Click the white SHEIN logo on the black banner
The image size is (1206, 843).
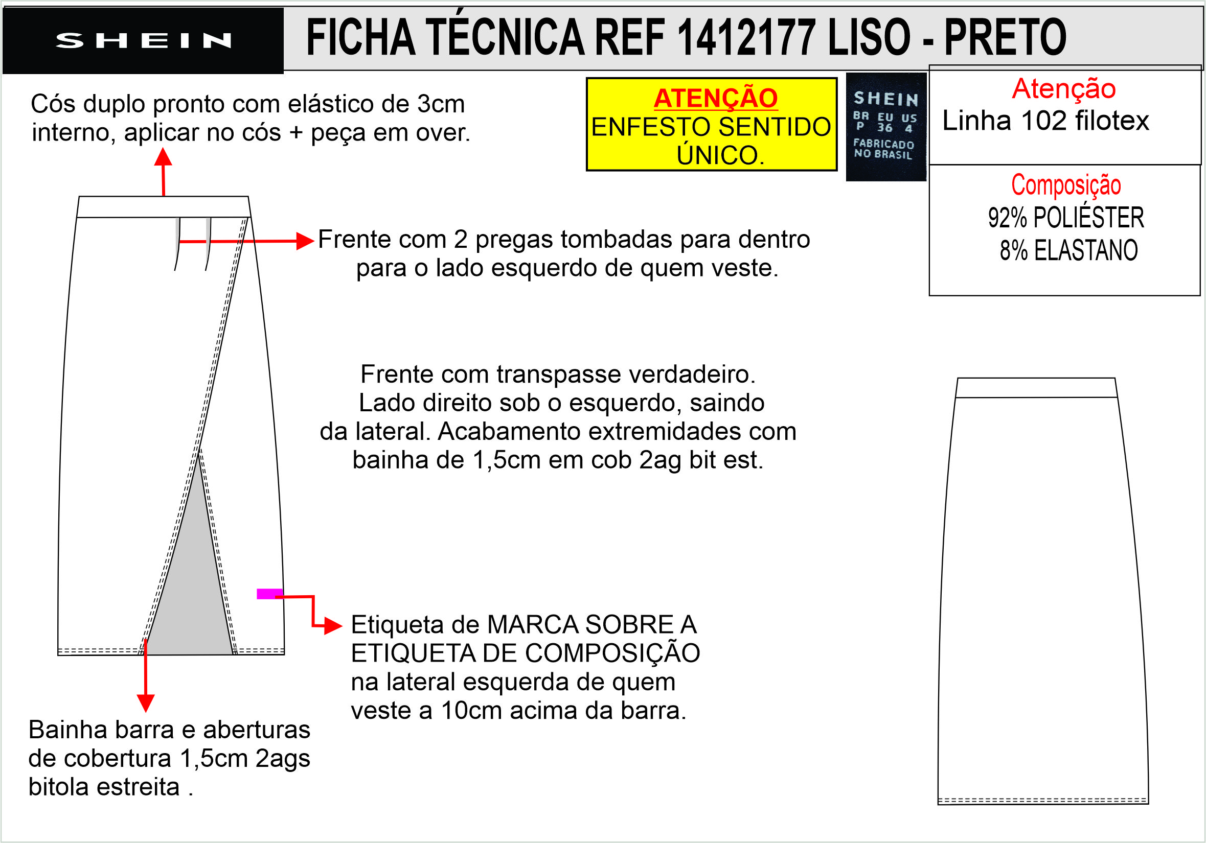(x=143, y=40)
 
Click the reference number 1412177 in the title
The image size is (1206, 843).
(x=746, y=37)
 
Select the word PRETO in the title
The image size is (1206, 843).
(x=1005, y=37)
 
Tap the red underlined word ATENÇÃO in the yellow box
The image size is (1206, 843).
(x=715, y=98)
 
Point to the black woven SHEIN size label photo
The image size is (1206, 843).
(x=885, y=127)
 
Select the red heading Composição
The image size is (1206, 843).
(x=1066, y=185)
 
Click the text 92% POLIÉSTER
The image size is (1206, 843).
(x=1066, y=218)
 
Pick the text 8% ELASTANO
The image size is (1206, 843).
(x=1068, y=250)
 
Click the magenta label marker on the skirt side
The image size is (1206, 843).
(x=269, y=594)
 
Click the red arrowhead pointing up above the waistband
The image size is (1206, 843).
(x=163, y=157)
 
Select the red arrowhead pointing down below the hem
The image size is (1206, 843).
(x=146, y=704)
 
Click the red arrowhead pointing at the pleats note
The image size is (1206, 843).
(x=305, y=241)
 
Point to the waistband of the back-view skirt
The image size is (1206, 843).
(x=1036, y=388)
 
